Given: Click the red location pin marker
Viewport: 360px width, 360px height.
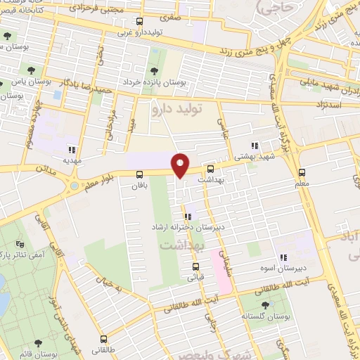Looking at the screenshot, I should (181, 164).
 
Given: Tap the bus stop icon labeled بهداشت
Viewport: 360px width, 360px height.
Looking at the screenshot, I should (210, 169).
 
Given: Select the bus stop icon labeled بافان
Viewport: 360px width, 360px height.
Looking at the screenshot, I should (139, 174).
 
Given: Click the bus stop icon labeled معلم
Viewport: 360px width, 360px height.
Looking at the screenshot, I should (302, 172).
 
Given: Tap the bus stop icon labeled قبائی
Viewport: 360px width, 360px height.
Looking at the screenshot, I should (195, 266).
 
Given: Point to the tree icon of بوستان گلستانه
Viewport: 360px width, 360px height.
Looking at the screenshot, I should (264, 305).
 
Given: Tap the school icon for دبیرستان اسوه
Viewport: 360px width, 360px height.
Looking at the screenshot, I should (284, 258).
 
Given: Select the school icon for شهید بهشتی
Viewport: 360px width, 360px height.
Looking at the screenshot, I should (255, 146).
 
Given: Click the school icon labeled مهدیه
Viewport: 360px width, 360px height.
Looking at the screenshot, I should (72, 149).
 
